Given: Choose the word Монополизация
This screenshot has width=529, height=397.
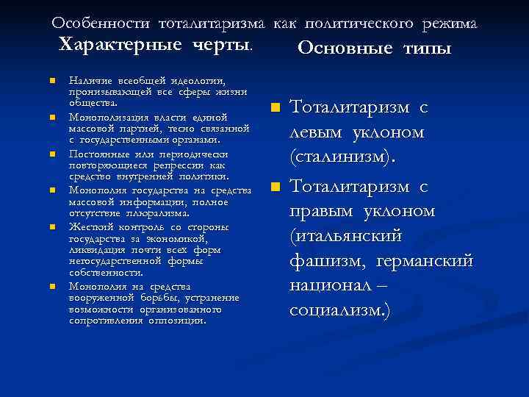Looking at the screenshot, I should (x=100, y=117).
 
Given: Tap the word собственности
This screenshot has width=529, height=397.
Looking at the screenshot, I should (x=104, y=272).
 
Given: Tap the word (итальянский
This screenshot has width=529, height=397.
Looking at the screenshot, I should (x=345, y=237).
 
